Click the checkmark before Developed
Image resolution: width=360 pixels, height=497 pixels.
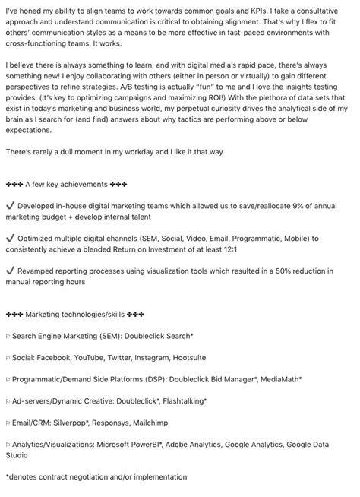9,205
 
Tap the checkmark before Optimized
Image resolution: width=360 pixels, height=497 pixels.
9,238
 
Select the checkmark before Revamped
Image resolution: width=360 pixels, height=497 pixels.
9,270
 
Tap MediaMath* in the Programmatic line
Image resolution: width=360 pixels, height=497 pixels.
277,378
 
